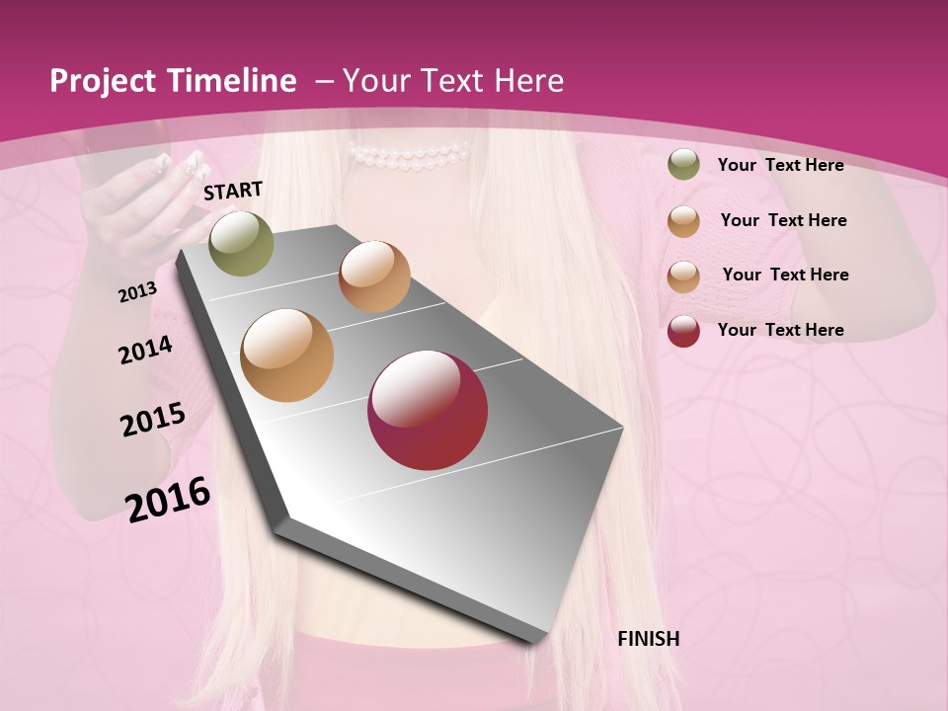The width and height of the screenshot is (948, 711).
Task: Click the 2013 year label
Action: pyautogui.click(x=138, y=292)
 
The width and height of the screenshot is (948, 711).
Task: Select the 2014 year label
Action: pyautogui.click(x=146, y=350)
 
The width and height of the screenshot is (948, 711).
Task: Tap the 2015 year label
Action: pyautogui.click(x=153, y=420)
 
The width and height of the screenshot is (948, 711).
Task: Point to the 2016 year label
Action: pyautogui.click(x=168, y=499)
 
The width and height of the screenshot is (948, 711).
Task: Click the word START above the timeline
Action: pyautogui.click(x=233, y=191)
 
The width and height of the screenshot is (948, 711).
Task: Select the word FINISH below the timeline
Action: pyautogui.click(x=649, y=639)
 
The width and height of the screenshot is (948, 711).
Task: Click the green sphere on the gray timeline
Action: pyautogui.click(x=242, y=243)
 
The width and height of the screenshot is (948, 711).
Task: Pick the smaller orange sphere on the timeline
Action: pyautogui.click(x=374, y=276)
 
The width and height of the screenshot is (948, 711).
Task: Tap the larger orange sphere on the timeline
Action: pyautogui.click(x=287, y=355)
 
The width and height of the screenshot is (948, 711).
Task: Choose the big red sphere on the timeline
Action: pyautogui.click(x=428, y=410)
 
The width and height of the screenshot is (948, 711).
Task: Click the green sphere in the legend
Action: pyautogui.click(x=683, y=165)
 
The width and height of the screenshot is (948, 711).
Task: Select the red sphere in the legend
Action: pyautogui.click(x=683, y=330)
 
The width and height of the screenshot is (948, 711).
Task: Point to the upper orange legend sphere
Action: pyautogui.click(x=683, y=220)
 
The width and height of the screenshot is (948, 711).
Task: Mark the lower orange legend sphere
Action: pyautogui.click(x=683, y=276)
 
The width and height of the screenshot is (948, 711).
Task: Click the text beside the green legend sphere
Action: pyautogui.click(x=780, y=165)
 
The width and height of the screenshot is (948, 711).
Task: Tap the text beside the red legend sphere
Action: pyautogui.click(x=780, y=330)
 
